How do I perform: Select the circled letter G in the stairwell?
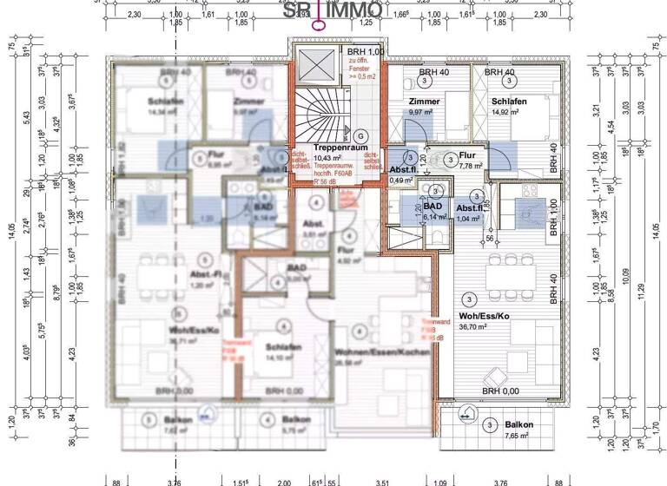click(360, 135)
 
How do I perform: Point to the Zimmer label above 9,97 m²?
click(424, 102)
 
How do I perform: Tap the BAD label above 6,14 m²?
click(432, 207)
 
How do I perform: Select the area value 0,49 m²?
click(402, 180)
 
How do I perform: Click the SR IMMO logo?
click(333, 11)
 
